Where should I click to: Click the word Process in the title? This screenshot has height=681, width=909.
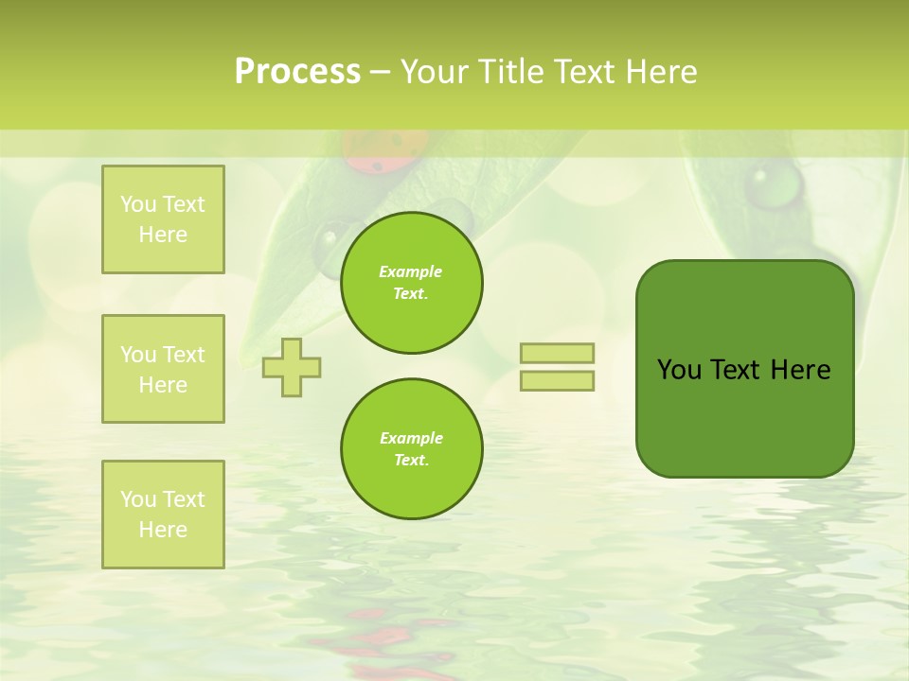297,72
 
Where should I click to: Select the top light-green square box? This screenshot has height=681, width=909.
163,219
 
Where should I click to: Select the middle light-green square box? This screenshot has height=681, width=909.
163,369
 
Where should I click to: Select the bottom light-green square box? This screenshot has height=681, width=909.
163,515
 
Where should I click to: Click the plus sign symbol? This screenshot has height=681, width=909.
292,367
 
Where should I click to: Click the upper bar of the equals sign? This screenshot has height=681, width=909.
557,353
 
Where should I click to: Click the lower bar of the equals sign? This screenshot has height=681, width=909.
557,380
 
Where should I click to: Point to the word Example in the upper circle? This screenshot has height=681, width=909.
411,271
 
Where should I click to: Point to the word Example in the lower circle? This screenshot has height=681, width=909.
411,438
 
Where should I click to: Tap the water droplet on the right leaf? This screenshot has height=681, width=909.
774,183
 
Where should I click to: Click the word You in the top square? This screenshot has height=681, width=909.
137,204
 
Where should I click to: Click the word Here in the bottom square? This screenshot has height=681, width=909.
163,530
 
